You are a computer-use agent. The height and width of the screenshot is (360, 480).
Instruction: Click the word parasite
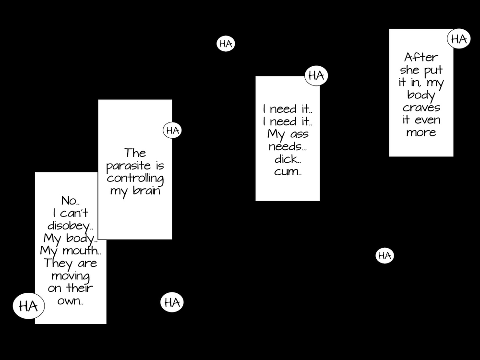(x=123, y=166)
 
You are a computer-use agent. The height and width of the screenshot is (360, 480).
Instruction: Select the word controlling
(x=135, y=179)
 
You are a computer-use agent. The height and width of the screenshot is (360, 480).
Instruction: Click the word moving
(x=71, y=276)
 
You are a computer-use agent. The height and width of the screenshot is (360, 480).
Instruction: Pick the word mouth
(x=83, y=251)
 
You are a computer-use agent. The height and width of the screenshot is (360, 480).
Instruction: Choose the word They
(x=57, y=263)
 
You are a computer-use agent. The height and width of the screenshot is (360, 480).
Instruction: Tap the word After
(x=421, y=58)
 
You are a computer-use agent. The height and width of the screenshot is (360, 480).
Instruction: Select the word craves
(x=421, y=108)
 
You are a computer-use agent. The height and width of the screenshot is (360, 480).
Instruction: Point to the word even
(x=427, y=120)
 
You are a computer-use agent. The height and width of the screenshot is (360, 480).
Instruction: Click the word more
(x=421, y=132)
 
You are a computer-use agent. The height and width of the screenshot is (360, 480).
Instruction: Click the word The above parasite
(x=135, y=153)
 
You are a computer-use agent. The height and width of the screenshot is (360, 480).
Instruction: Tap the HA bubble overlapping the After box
(x=459, y=39)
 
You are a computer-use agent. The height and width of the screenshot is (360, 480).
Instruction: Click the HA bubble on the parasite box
(x=172, y=130)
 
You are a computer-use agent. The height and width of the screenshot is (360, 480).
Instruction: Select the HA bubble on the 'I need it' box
(x=316, y=75)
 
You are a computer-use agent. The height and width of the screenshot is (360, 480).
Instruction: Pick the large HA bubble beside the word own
(x=28, y=306)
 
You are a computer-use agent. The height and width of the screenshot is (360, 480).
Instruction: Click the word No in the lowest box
(x=69, y=201)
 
